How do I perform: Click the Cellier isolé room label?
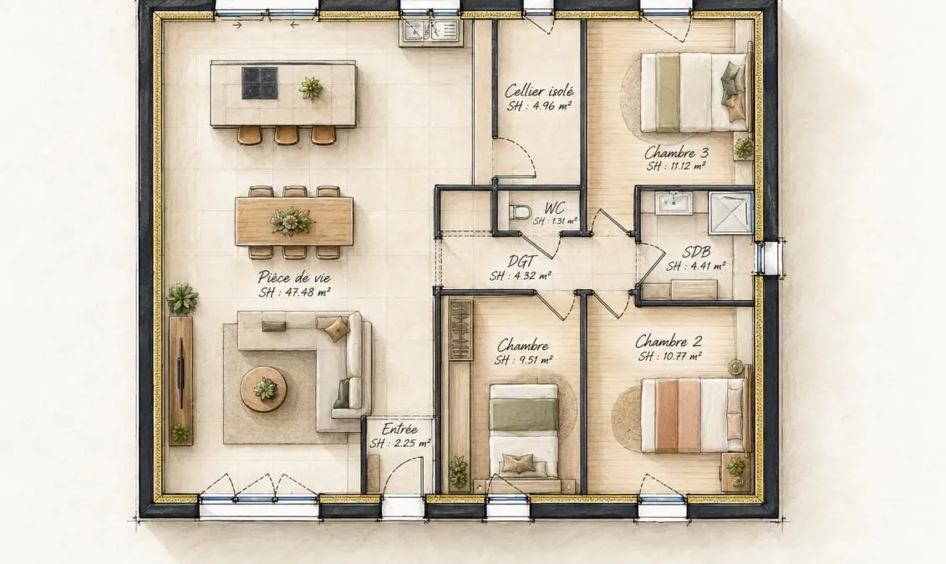(539, 91)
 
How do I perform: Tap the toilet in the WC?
(520, 211)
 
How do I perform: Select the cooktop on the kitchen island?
(259, 83)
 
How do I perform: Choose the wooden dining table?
(294, 221)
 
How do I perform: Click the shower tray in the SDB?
(730, 211)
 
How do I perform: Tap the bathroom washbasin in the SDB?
(674, 202)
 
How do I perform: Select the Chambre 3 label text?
(676, 153)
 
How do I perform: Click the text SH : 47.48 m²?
(294, 292)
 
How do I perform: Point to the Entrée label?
(399, 429)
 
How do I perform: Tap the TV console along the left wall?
(181, 381)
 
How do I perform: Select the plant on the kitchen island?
(311, 88)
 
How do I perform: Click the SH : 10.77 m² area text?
(669, 357)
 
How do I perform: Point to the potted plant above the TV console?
(183, 298)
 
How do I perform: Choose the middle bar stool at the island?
(287, 135)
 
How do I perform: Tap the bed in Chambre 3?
(694, 92)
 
